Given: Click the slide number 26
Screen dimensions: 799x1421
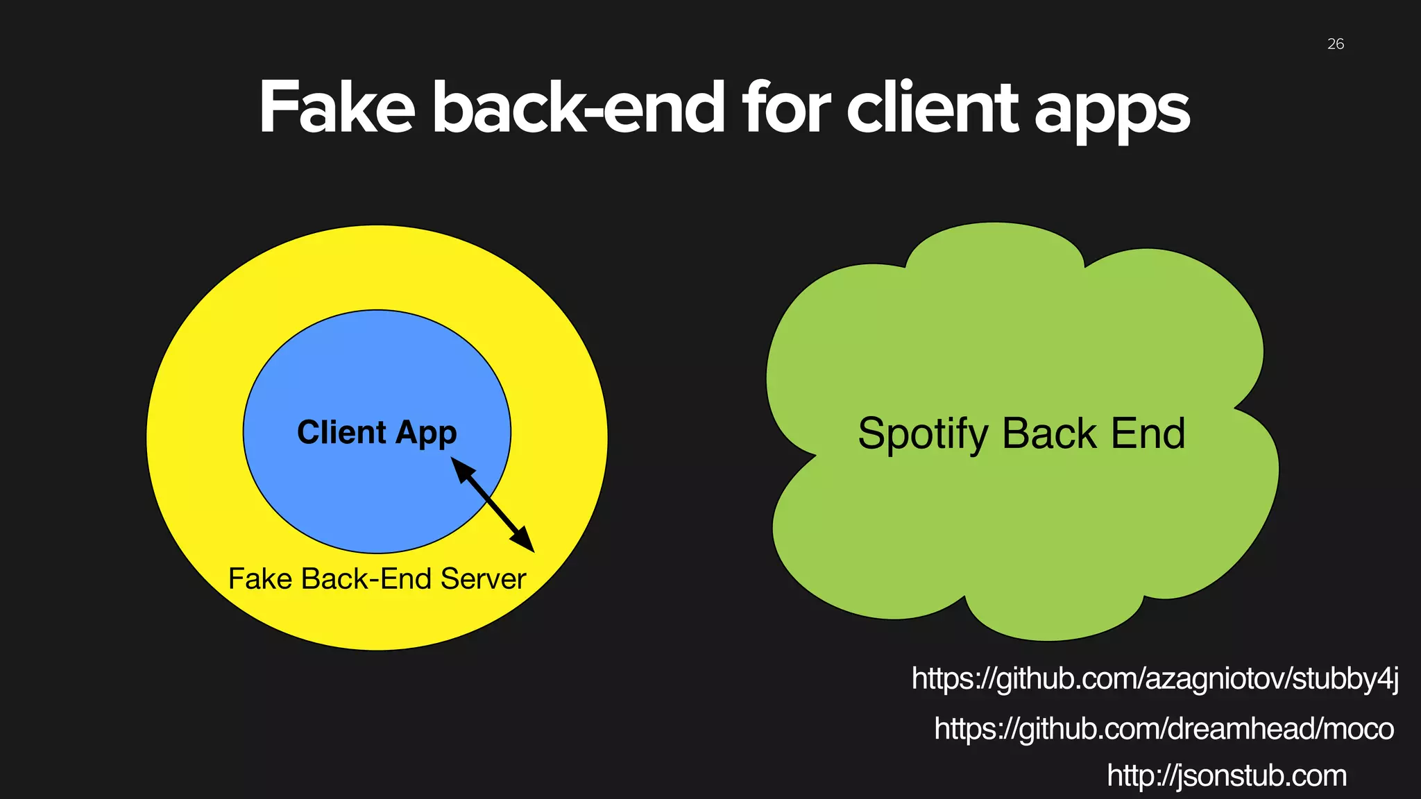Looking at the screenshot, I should [x=1335, y=44].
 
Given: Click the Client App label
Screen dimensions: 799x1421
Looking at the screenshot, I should [x=377, y=432].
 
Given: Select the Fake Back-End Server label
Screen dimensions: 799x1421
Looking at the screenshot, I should [x=377, y=578].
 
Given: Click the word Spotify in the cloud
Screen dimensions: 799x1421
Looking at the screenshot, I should [x=923, y=434].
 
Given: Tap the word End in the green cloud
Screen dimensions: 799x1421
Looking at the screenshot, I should [x=1148, y=433].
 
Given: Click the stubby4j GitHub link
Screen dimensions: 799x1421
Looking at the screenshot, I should [x=1155, y=678].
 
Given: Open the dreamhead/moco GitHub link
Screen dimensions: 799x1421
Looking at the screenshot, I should [x=1164, y=728].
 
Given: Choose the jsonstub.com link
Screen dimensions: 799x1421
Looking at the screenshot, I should [x=1226, y=775].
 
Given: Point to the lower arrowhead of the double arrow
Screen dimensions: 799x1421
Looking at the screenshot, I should [x=525, y=542].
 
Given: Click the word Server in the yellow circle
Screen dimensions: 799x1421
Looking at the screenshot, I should [x=483, y=578].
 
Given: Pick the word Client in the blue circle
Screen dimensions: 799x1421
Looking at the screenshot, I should [x=341, y=432].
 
